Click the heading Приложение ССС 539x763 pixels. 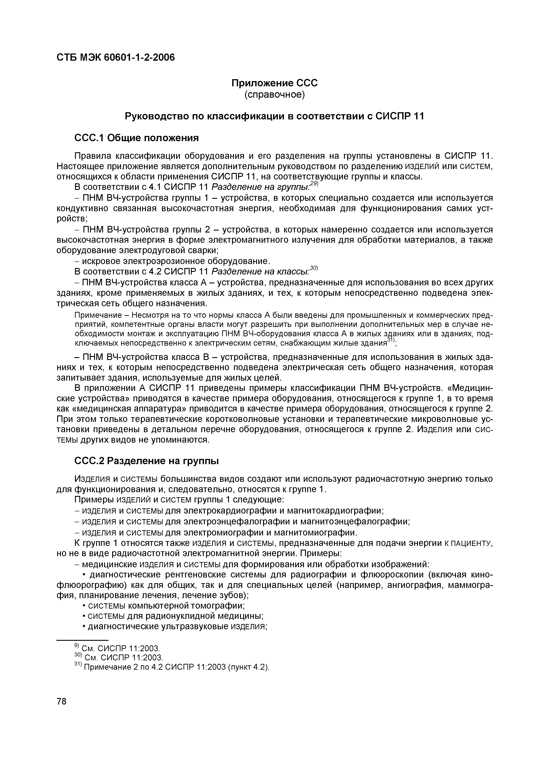(274, 83)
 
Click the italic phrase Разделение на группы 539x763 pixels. (260, 187)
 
